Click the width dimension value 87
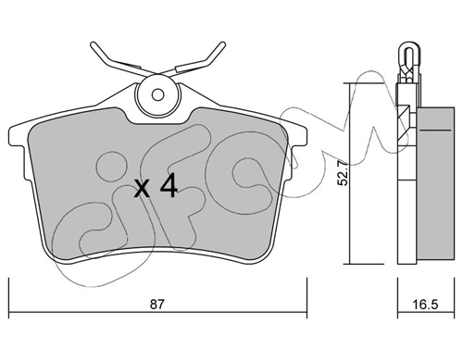point(156,304)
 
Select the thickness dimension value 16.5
point(426,304)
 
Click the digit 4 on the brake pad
point(169,185)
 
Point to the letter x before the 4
point(143,189)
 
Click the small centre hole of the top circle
point(158,94)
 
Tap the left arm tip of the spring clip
point(94,45)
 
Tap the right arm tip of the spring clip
point(222,45)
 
